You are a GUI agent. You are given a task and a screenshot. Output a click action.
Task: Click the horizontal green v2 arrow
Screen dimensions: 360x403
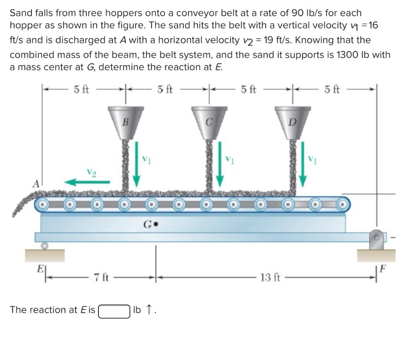[87, 182]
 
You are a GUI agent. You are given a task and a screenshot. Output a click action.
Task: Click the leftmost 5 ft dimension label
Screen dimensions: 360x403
[81, 90]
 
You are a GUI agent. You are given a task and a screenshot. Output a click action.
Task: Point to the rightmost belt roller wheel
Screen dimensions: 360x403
[342, 204]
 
